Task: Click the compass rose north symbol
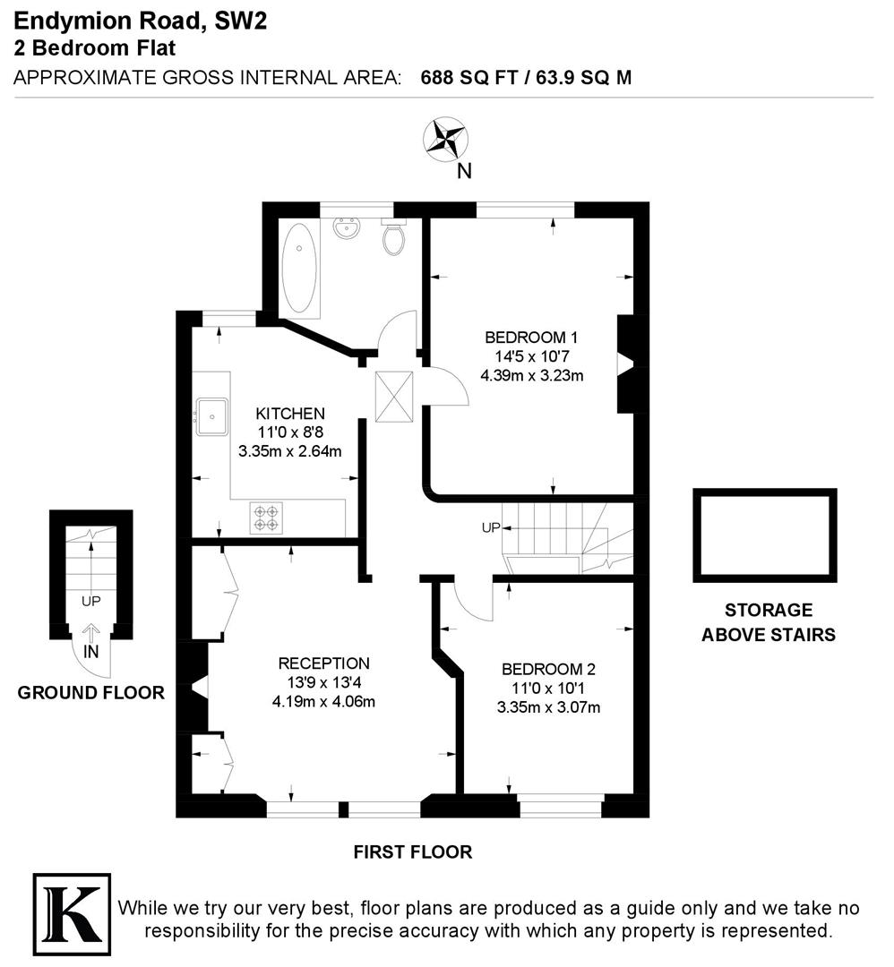tap(446, 140)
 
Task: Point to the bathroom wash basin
tap(346, 230)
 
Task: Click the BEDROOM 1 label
tap(531, 338)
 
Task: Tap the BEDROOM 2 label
tap(548, 669)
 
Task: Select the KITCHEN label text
tap(290, 414)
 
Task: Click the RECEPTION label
tap(323, 663)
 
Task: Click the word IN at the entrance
tap(91, 652)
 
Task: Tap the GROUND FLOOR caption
tap(91, 692)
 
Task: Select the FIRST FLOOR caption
tap(412, 851)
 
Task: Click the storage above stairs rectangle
tap(764, 535)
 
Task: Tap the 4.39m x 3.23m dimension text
tap(532, 375)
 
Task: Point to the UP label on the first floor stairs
tap(491, 527)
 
